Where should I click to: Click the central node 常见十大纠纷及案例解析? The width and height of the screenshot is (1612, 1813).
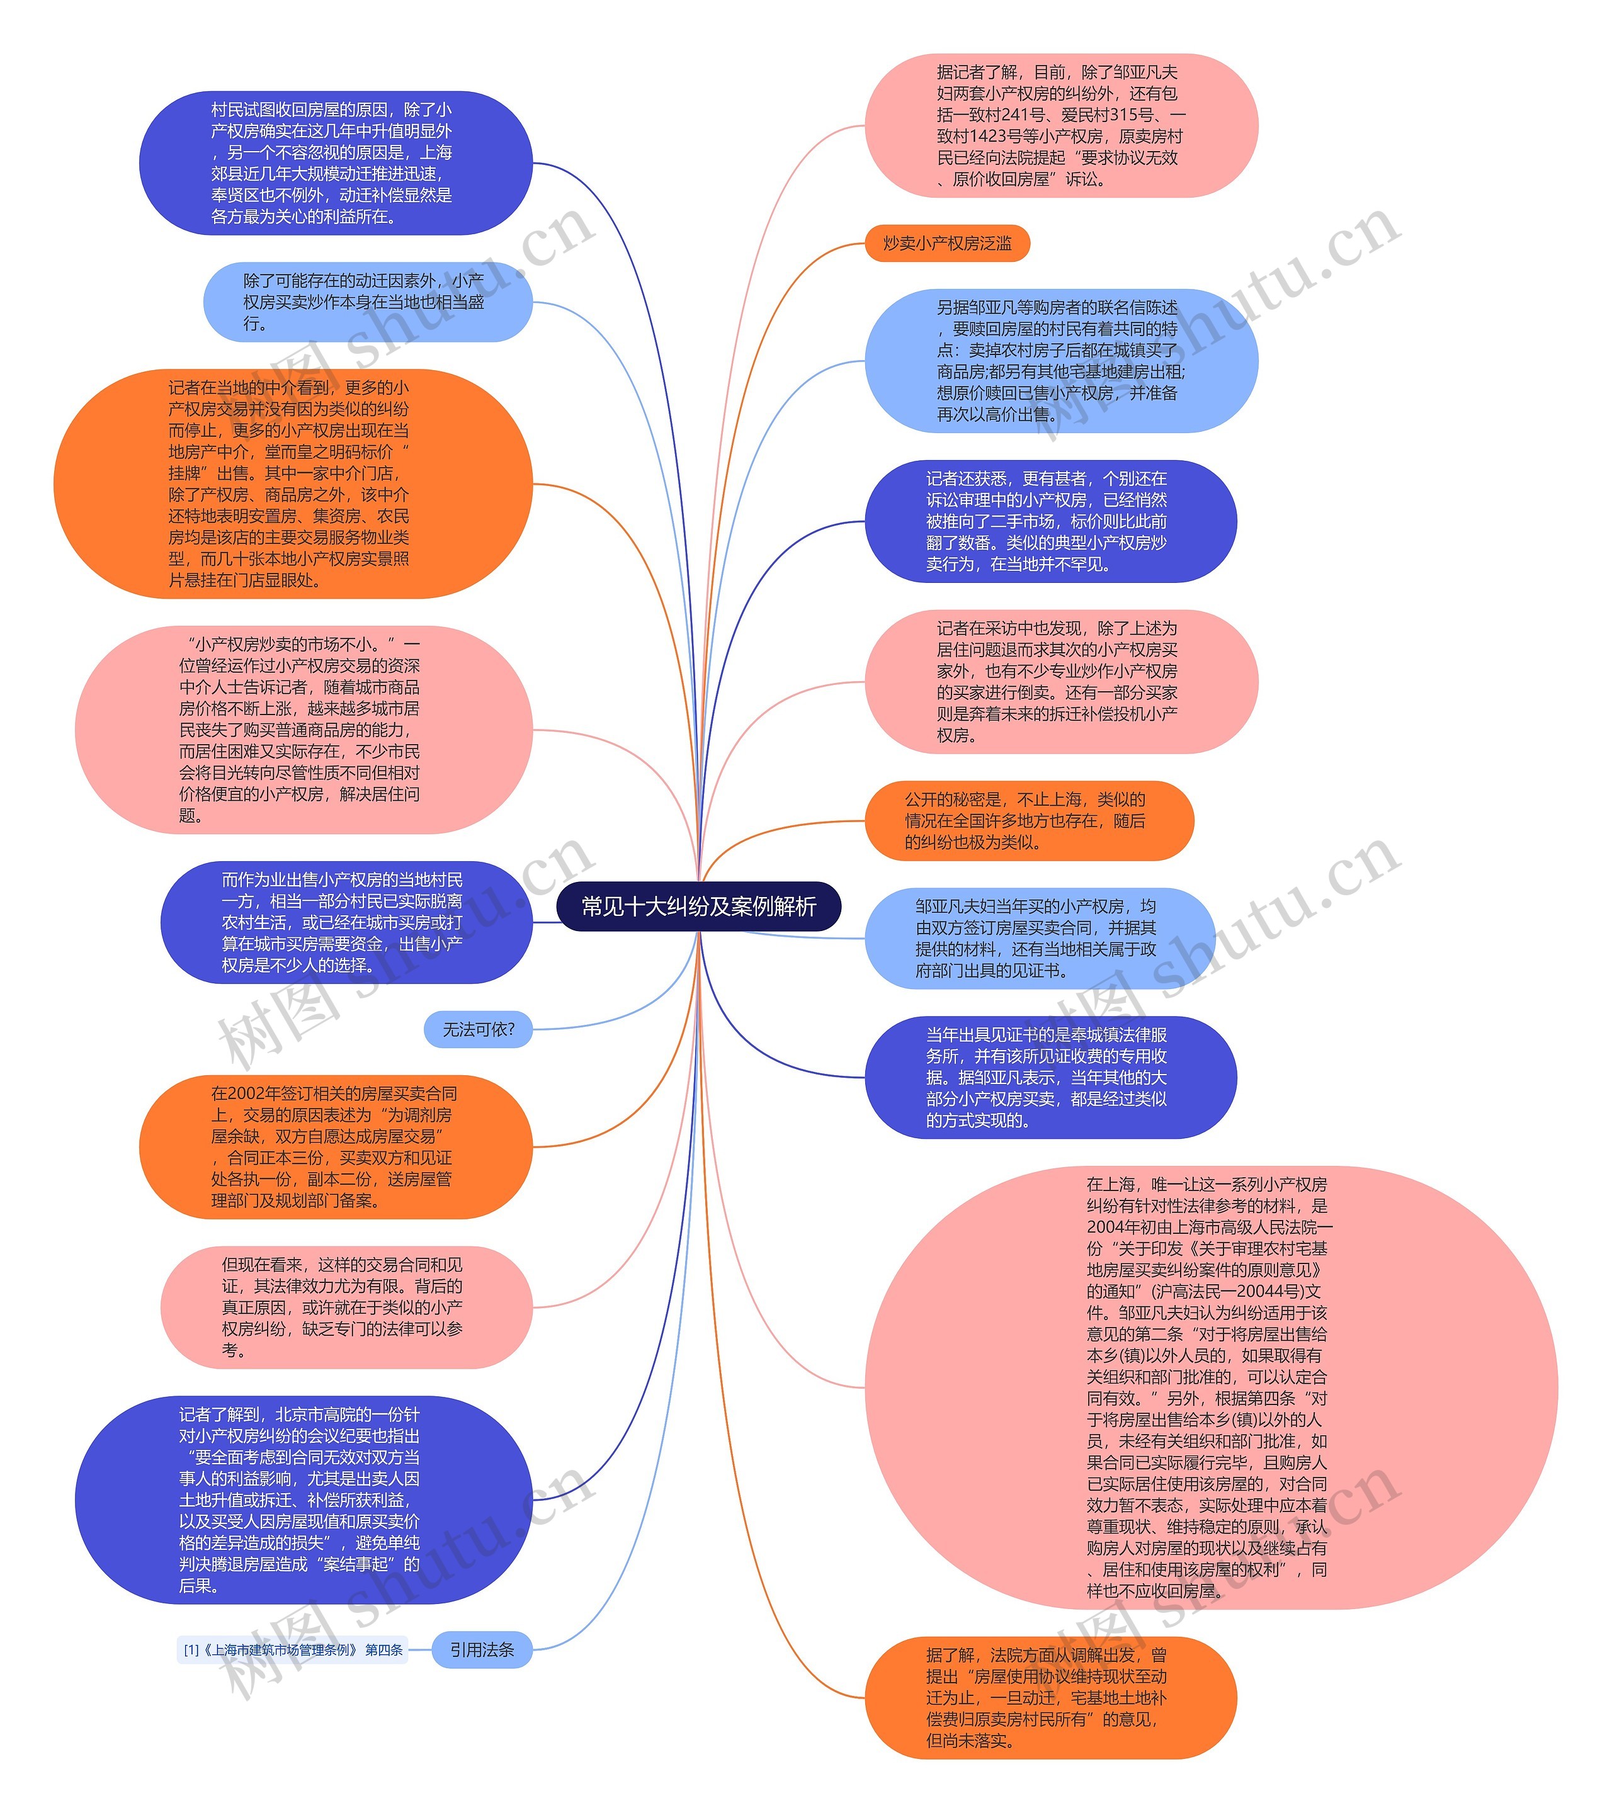click(698, 906)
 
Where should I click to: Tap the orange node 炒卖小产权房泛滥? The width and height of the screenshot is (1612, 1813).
click(946, 243)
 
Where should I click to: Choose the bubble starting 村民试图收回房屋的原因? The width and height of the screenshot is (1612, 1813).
click(336, 163)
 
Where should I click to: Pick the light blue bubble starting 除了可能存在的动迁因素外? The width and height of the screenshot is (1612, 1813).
click(367, 302)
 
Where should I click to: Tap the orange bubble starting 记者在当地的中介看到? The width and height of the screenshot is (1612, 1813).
click(293, 483)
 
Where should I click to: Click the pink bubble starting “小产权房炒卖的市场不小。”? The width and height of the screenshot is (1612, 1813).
click(304, 729)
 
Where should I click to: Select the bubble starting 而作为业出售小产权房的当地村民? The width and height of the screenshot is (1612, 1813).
click(346, 922)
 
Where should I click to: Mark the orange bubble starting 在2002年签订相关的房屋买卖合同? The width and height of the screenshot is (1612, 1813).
click(336, 1147)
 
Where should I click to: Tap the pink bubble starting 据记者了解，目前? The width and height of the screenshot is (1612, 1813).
click(1061, 126)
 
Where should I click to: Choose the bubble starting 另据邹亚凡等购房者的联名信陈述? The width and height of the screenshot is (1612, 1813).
click(1061, 361)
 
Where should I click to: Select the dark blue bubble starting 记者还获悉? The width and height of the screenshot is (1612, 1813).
click(1050, 521)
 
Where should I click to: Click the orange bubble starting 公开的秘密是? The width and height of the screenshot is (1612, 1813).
click(1029, 820)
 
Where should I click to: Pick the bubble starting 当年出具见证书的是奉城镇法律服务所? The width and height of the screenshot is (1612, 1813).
click(1050, 1077)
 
